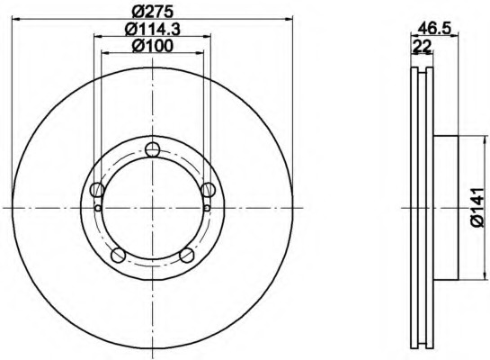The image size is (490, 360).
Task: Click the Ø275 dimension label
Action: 153,13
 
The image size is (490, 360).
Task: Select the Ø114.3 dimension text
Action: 153,30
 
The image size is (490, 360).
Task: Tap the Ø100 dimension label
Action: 153,46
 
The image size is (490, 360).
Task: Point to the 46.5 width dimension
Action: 434,29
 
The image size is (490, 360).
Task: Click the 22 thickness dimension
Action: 422,47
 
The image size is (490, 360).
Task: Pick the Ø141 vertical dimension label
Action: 477,207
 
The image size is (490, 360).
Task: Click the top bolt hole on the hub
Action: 153,149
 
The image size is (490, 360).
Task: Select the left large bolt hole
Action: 97,190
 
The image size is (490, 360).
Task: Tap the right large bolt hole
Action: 208,190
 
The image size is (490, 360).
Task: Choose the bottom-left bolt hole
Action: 119,255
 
